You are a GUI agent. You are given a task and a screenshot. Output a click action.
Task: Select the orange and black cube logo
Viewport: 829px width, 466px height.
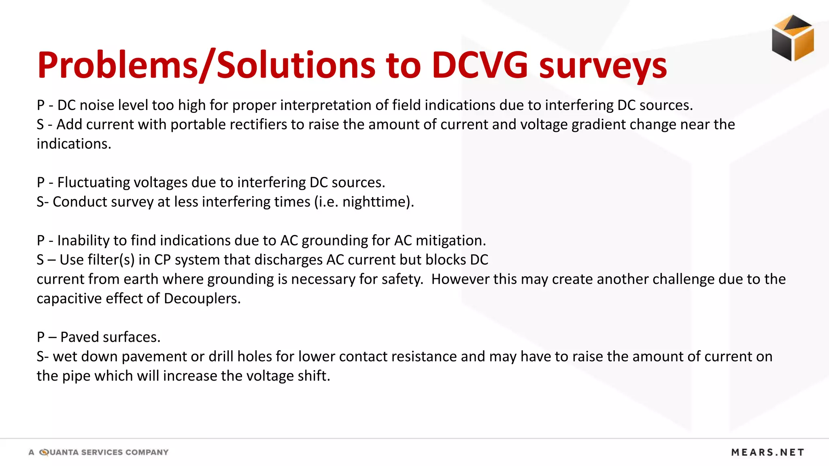(793, 38)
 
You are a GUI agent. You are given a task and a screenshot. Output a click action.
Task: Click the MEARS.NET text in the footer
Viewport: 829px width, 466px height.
(767, 452)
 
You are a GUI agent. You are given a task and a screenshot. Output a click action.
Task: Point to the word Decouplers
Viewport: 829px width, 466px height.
(202, 299)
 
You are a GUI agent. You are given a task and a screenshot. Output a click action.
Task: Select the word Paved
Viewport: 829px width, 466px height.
(78, 337)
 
